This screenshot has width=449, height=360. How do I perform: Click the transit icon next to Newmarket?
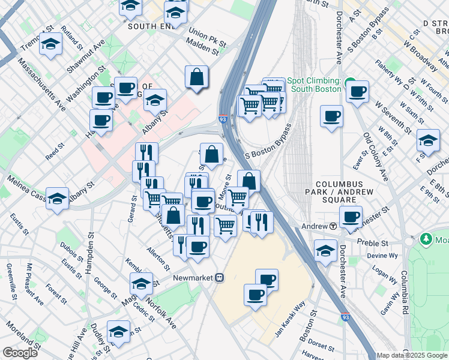pyautogui.click(x=220, y=278)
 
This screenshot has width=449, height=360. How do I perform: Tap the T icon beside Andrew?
pyautogui.click(x=332, y=226)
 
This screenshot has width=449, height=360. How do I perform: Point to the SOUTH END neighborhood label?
pyautogui.click(x=150, y=27)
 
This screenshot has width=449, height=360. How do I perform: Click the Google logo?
pyautogui.click(x=20, y=353)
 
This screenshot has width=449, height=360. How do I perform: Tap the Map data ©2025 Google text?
pyautogui.click(x=411, y=355)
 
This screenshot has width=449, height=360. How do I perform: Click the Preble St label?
pyautogui.click(x=370, y=243)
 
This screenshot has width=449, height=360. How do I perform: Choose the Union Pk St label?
pyautogui.click(x=206, y=37)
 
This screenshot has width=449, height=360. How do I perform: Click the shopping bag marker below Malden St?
pyautogui.click(x=196, y=77)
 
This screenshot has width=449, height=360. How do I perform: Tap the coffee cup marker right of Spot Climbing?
pyautogui.click(x=358, y=92)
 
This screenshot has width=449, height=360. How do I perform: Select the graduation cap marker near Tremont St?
pyautogui.click(x=51, y=44)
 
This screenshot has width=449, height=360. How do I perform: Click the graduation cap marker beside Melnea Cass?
pyautogui.click(x=57, y=199)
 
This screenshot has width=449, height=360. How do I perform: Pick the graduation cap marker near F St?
pyautogui.click(x=427, y=140)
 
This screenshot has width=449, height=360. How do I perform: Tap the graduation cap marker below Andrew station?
pyautogui.click(x=325, y=249)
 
